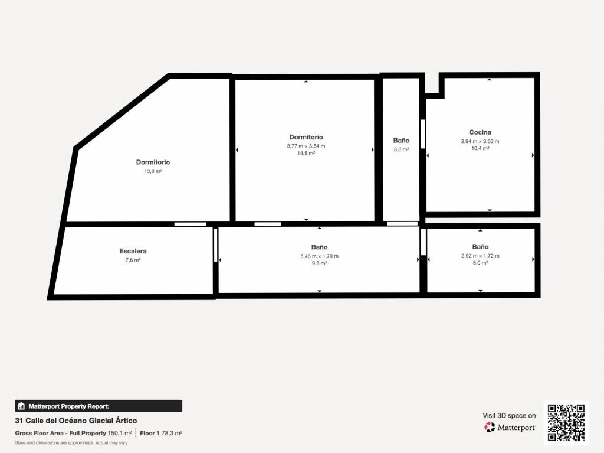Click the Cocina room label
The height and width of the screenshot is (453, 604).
pyautogui.click(x=480, y=132)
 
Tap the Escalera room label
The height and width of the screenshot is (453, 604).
pyautogui.click(x=133, y=251)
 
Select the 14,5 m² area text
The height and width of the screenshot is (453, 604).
pyautogui.click(x=306, y=153)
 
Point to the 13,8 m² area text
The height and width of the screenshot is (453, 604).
pyautogui.click(x=153, y=171)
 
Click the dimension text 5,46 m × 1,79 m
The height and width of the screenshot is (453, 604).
pyautogui.click(x=319, y=256)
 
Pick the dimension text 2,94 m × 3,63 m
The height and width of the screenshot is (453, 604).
pyautogui.click(x=480, y=141)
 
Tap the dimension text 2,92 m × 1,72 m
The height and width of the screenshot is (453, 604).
pyautogui.click(x=480, y=256)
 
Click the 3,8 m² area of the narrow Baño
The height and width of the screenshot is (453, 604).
pyautogui.click(x=401, y=149)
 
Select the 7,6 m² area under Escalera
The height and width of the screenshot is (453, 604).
pyautogui.click(x=133, y=260)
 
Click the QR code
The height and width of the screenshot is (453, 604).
pyautogui.click(x=566, y=422)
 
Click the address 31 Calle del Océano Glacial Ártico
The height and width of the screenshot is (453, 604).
pyautogui.click(x=76, y=421)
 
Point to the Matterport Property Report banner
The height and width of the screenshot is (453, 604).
pyautogui.click(x=99, y=406)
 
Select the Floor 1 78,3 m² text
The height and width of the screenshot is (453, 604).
pyautogui.click(x=161, y=434)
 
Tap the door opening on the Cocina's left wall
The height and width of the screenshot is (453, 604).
pyautogui.click(x=422, y=134)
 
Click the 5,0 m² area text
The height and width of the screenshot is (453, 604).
pyautogui.click(x=480, y=263)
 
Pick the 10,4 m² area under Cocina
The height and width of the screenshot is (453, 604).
pyautogui.click(x=480, y=148)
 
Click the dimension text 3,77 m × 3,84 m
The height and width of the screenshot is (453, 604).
pyautogui.click(x=306, y=146)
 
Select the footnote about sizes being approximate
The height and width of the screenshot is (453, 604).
pyautogui.click(x=71, y=443)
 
